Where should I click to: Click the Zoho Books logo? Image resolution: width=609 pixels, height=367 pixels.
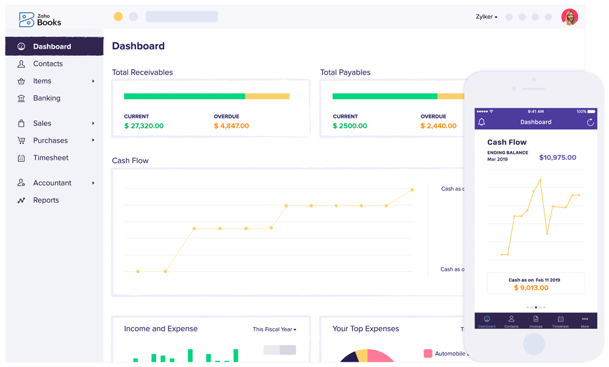tap(40, 19)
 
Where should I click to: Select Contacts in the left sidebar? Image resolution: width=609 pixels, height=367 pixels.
tap(48, 64)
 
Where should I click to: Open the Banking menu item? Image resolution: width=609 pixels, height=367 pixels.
tap(46, 98)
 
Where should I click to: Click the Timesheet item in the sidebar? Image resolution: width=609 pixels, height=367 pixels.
tap(51, 158)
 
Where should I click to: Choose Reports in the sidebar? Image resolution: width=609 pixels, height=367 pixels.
tap(46, 200)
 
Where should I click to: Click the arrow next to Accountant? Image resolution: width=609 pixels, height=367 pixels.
tap(93, 183)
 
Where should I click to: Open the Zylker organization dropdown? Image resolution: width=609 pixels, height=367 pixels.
tap(486, 17)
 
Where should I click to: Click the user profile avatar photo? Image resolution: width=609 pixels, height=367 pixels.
tap(569, 17)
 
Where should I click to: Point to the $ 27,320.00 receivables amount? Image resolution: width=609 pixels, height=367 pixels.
tap(144, 126)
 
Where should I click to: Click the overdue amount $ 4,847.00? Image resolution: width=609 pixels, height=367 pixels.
tap(231, 126)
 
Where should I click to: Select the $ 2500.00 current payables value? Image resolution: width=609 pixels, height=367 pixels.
tap(350, 126)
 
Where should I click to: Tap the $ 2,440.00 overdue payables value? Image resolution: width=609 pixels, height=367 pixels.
tap(438, 126)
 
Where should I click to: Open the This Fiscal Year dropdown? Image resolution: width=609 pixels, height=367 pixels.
tap(275, 329)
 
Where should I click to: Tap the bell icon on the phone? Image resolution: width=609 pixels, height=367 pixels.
tap(481, 122)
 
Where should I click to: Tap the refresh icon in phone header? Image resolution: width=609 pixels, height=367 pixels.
tap(590, 122)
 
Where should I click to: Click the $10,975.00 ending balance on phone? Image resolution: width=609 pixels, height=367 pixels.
tap(558, 158)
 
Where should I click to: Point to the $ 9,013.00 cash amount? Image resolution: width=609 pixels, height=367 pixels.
tap(531, 288)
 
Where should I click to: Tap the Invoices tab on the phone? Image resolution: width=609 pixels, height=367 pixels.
tap(536, 321)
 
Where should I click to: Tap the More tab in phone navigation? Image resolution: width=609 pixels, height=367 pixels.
tap(585, 321)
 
